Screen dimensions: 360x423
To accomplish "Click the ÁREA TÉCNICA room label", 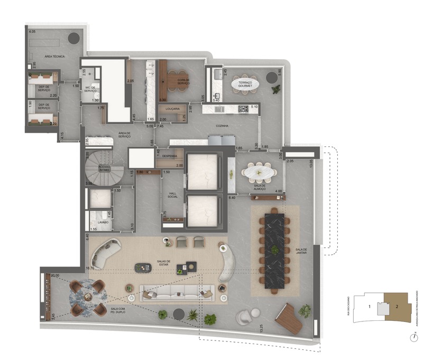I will pos(54,57).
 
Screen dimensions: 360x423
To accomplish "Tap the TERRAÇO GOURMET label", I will pos(245,84).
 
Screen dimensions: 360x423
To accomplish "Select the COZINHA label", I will pos(222,126).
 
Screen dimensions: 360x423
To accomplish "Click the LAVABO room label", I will pos(103,223).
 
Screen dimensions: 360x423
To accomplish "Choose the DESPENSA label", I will pos(170,156).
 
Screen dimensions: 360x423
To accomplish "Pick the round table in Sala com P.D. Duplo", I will pos(88,296).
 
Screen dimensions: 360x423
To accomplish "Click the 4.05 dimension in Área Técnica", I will pos(32,32).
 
